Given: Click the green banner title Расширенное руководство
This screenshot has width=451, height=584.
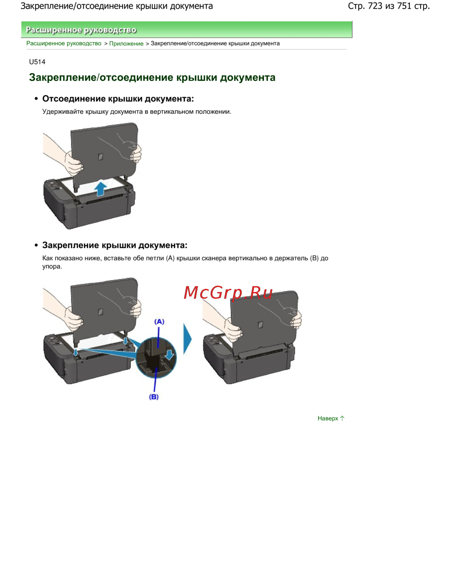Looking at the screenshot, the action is (x=81, y=30).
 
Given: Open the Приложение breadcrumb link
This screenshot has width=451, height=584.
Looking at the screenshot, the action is (x=126, y=43).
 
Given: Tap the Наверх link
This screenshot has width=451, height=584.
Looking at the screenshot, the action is (x=331, y=418).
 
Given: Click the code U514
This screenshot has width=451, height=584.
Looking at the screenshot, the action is (x=37, y=62).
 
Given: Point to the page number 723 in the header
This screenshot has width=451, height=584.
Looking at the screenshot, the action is (x=375, y=6).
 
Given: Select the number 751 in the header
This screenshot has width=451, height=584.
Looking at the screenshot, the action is (x=404, y=6).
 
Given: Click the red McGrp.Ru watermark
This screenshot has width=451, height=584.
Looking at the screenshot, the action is (x=228, y=292).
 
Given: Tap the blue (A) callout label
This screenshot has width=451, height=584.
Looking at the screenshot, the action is (x=159, y=321).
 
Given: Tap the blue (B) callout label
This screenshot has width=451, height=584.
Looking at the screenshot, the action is (x=153, y=397).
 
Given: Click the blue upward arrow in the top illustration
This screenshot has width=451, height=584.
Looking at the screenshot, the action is (x=101, y=188).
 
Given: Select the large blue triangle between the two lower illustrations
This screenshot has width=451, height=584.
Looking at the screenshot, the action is (x=187, y=339).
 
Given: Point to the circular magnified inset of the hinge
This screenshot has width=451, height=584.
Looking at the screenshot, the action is (x=156, y=358).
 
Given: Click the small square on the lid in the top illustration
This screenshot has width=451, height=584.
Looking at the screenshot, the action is (x=101, y=157).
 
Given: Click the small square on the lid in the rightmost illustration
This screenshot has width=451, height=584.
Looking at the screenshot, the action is (x=260, y=324).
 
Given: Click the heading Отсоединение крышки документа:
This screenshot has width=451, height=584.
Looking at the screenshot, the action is (x=118, y=99).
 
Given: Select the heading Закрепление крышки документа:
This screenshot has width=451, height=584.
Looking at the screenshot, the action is (x=115, y=245).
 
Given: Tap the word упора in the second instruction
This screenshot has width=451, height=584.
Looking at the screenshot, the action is (x=51, y=267).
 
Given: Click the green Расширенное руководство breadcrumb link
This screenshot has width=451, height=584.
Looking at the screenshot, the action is (x=64, y=43).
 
